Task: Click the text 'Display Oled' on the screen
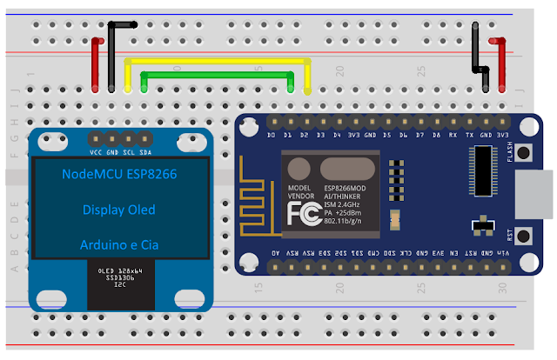pyautogui.click(x=118, y=210)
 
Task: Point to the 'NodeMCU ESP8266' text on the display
pyautogui.click(x=119, y=175)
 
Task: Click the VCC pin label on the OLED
pyautogui.click(x=97, y=150)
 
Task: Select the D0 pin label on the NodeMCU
pyautogui.click(x=272, y=135)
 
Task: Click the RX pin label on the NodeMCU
pyautogui.click(x=453, y=135)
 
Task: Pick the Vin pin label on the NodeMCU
pyautogui.click(x=504, y=251)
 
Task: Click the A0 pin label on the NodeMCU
pyautogui.click(x=276, y=251)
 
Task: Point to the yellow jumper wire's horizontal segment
pyautogui.click(x=218, y=60)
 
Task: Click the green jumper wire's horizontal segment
pyautogui.click(x=218, y=75)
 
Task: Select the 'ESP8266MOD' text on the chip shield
pyautogui.click(x=343, y=189)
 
